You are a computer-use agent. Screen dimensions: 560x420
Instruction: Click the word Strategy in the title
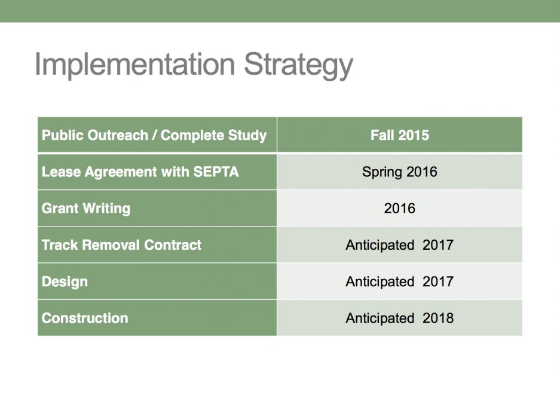(x=299, y=65)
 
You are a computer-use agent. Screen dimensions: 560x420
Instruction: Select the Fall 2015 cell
(x=400, y=135)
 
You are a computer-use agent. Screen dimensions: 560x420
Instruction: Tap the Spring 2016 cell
(x=400, y=172)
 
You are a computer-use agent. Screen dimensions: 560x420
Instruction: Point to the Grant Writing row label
(x=86, y=209)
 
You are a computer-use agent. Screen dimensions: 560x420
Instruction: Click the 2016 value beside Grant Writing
(x=400, y=209)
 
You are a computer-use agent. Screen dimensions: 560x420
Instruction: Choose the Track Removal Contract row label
(x=121, y=245)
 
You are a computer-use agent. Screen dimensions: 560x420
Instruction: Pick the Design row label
(x=65, y=282)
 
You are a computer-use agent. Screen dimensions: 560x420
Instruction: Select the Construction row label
(x=85, y=318)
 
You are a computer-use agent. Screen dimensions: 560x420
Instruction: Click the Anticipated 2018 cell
(x=400, y=318)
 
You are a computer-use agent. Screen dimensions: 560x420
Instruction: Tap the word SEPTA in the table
(x=216, y=172)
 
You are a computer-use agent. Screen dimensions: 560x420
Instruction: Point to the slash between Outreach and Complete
(x=154, y=136)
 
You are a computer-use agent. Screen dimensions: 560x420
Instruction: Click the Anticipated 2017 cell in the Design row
(x=400, y=282)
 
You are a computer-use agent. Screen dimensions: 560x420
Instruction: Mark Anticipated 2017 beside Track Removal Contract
(x=400, y=246)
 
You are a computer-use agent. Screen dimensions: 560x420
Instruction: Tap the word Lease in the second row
(x=61, y=172)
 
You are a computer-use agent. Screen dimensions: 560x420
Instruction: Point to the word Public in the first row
(x=63, y=135)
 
